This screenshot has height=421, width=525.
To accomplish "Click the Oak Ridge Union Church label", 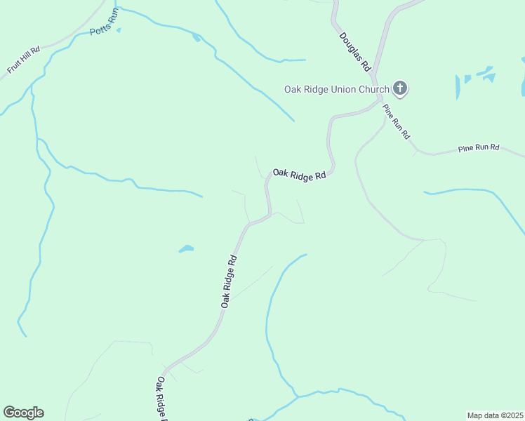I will coord(336,89).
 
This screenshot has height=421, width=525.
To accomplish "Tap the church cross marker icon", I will coord(400,88).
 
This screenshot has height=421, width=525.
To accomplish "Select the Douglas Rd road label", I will coord(354,52).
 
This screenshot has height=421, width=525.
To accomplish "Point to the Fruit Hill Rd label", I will coord(24,60).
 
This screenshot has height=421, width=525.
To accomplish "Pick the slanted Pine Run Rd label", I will coord(396,121).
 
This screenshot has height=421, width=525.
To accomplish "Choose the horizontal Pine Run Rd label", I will coord(478,148).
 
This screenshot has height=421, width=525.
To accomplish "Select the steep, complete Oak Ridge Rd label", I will coord(229,280).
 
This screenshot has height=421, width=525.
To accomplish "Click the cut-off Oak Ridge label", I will coord(161,399).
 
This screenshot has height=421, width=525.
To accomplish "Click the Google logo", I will coord(23,413).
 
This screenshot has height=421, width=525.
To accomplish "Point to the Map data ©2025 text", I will coord(496,415).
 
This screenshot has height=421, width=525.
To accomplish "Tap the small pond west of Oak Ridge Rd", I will coord(186,248).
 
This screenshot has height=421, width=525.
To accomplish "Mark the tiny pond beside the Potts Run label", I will coord(119,30).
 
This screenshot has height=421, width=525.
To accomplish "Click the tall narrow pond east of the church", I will coord(458,87).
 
